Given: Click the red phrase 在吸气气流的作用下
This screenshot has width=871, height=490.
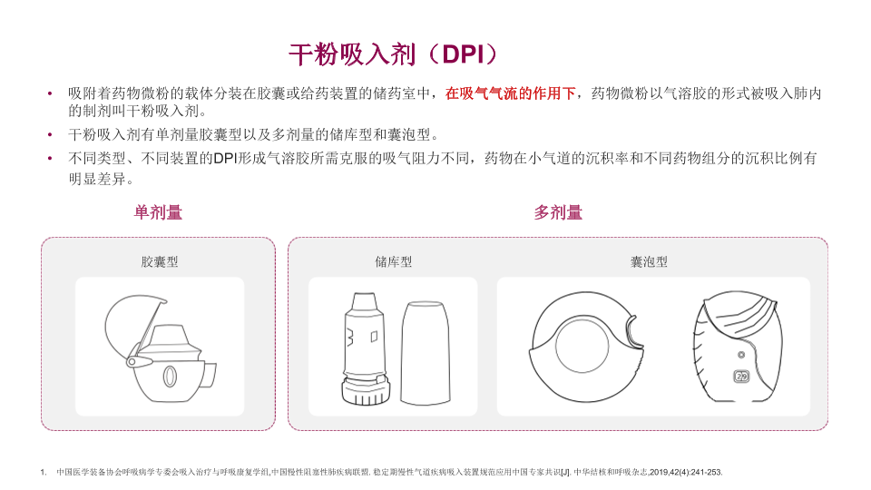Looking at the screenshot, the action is click(x=510, y=93).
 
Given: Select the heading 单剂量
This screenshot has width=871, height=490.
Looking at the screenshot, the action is click(x=158, y=212).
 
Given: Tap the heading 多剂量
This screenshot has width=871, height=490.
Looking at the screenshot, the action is click(x=558, y=212).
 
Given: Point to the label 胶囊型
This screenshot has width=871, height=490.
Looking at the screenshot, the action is click(x=160, y=261).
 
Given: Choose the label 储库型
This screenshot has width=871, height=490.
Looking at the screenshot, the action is click(x=393, y=261).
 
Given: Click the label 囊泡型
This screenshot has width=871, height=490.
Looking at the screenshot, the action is click(x=649, y=261).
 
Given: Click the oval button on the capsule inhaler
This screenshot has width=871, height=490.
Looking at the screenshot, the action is click(x=170, y=376).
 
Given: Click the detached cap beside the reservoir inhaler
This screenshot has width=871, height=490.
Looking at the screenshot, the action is click(x=425, y=353).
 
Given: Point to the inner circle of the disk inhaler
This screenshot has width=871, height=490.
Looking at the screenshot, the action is click(x=582, y=346).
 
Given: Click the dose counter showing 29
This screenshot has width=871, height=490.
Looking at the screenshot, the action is click(x=741, y=376).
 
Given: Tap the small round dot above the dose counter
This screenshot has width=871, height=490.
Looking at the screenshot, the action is click(x=741, y=355).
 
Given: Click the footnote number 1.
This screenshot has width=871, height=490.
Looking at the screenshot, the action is click(x=43, y=472).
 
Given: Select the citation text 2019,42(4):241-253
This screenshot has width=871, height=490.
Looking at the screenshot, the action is click(x=686, y=472).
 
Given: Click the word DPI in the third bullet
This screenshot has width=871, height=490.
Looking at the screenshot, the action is click(x=225, y=158).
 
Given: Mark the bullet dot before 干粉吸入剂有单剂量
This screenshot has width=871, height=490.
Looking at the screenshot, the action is click(x=50, y=134).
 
